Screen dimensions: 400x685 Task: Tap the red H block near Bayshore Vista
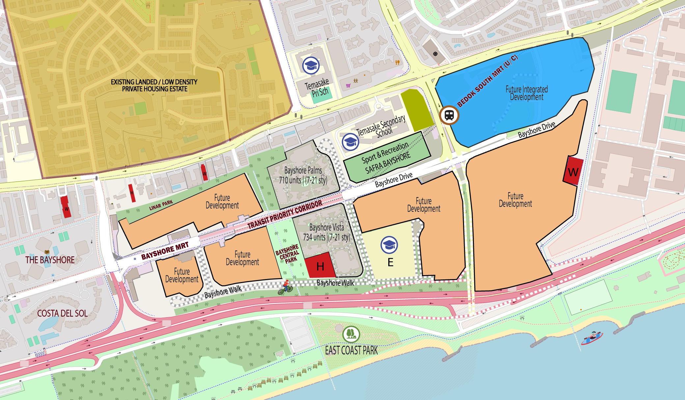pyautogui.click(x=320, y=266)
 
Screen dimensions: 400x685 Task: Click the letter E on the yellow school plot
pyautogui.click(x=390, y=262)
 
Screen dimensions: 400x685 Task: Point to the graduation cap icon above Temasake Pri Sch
pyautogui.click(x=311, y=65)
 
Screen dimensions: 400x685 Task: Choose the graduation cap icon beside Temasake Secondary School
pyautogui.click(x=350, y=142)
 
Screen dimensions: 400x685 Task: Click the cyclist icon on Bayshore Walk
pyautogui.click(x=286, y=287)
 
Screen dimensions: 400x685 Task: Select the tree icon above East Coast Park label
pyautogui.click(x=351, y=334)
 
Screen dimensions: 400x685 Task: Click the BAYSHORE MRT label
pyautogui.click(x=165, y=251)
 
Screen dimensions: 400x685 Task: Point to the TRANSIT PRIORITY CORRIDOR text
pyautogui.click(x=285, y=214)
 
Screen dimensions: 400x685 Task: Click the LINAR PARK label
pyautogui.click(x=161, y=205)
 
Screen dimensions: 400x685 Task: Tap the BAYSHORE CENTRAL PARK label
pyautogui.click(x=288, y=254)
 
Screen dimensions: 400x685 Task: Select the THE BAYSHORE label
pyautogui.click(x=50, y=260)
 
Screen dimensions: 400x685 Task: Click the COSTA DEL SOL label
pyautogui.click(x=62, y=313)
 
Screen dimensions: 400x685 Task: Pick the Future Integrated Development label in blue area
pyautogui.click(x=527, y=93)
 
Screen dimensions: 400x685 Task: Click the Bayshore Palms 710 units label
pyautogui.click(x=303, y=175)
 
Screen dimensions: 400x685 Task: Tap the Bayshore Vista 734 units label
pyautogui.click(x=326, y=232)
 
